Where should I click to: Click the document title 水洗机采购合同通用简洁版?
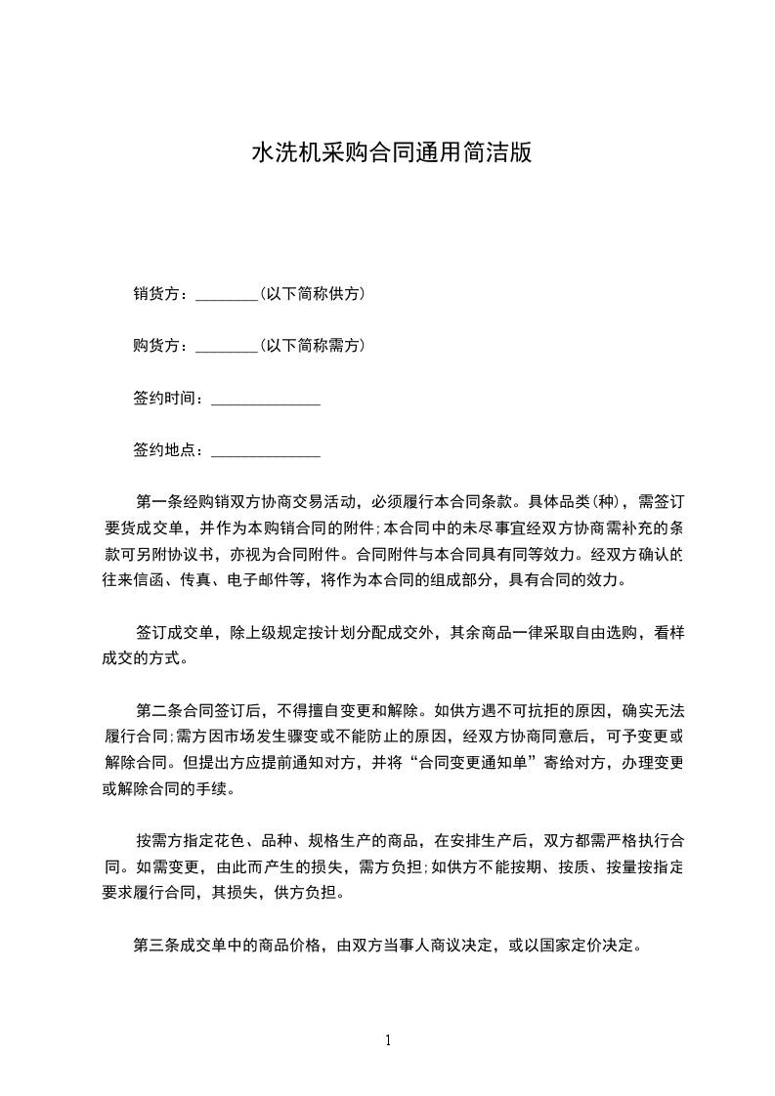click(x=392, y=153)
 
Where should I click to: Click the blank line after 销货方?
click(x=226, y=294)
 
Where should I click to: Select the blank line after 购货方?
click(x=226, y=346)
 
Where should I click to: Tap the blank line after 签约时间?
click(x=266, y=399)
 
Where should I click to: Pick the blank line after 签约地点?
click(x=266, y=451)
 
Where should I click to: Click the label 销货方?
click(x=156, y=293)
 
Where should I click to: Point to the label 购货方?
click(x=156, y=345)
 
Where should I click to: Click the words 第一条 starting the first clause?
click(x=157, y=503)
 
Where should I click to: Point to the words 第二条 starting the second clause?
click(x=157, y=710)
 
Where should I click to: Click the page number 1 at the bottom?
click(x=388, y=1040)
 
